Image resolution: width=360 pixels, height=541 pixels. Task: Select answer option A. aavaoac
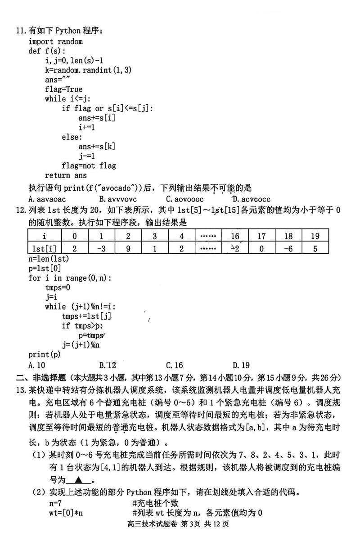[47, 199]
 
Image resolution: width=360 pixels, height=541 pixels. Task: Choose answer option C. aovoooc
[184, 199]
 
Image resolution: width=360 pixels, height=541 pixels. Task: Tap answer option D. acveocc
[252, 199]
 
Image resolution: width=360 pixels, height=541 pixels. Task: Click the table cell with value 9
[128, 248]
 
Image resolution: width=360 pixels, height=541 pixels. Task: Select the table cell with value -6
[288, 248]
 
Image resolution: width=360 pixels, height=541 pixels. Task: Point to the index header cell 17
[261, 236]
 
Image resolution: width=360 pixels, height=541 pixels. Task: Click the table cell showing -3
[101, 248]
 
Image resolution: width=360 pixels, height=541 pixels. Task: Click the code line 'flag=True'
[63, 89]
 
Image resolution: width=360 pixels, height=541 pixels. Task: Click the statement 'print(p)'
[44, 354]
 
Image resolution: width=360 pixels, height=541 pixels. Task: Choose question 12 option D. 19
[241, 366]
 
